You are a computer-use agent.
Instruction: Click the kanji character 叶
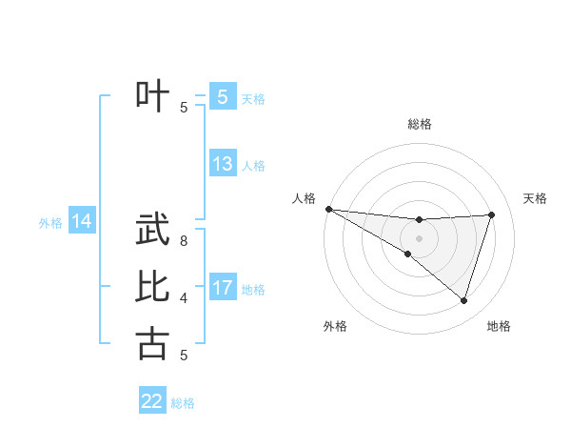pos(153,94)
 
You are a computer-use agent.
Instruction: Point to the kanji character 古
pos(153,342)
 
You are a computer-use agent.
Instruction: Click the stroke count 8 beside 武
pos(184,241)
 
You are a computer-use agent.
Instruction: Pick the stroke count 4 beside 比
pos(184,298)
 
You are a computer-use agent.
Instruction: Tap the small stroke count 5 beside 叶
pos(184,107)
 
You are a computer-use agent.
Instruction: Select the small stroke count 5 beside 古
pos(184,356)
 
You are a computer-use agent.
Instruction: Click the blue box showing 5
pos(222,96)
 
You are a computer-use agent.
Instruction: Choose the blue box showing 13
pos(222,164)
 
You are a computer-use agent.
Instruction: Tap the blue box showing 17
pos(222,288)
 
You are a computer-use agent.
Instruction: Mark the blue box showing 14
pos(82,222)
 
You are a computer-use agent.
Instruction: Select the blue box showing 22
pos(152,401)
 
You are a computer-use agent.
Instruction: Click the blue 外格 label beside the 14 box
pos(50,223)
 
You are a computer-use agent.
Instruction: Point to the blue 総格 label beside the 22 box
pos(183,403)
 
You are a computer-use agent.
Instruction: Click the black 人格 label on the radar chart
pos(304,197)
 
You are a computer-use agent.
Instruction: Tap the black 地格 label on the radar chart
pos(499,326)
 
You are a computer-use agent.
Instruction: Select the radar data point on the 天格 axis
pos(492,214)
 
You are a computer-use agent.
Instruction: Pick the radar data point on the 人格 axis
pos(328,209)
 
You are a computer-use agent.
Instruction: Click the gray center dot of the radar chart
pos(419,237)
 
